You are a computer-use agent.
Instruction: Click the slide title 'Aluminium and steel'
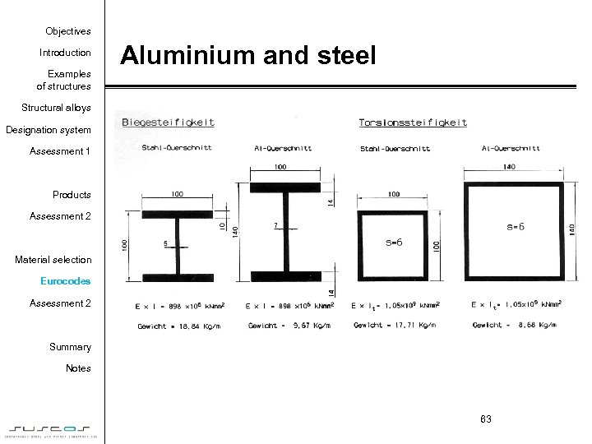pos(248,57)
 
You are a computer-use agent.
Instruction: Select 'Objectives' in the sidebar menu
pos(67,31)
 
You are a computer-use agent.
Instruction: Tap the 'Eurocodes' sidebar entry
pos(66,281)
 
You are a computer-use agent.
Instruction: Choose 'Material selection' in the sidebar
pos(53,260)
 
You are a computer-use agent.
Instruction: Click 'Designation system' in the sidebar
pos(49,130)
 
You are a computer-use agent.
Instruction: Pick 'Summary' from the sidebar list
pos(70,347)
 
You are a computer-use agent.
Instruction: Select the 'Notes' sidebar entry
pos(78,368)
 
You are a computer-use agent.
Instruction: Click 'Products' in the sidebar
pos(72,195)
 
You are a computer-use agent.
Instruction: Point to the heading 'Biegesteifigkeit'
pos(168,123)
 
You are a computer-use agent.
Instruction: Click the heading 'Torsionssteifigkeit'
pos(413,123)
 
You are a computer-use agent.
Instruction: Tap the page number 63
pos(485,419)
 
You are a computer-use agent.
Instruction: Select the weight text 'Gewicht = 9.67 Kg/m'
pos(284,326)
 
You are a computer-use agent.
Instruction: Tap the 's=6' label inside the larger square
pos(514,225)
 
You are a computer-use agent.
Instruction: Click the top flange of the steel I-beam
pos(177,214)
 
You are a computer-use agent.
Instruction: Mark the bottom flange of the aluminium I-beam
pos(286,275)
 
